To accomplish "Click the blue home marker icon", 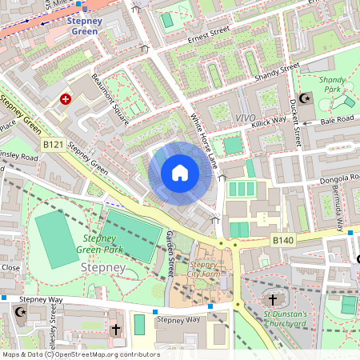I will [x=180, y=173].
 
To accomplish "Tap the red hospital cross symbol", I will [x=66, y=98].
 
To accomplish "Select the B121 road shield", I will [x=54, y=144].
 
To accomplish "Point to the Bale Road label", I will [x=337, y=119].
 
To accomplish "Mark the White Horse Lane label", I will [x=203, y=141].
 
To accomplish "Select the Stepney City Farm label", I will [x=205, y=270].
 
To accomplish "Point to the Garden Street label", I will [x=170, y=254].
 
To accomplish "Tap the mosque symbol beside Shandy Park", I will [x=303, y=98].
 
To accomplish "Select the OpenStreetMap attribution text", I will [x=80, y=354].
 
